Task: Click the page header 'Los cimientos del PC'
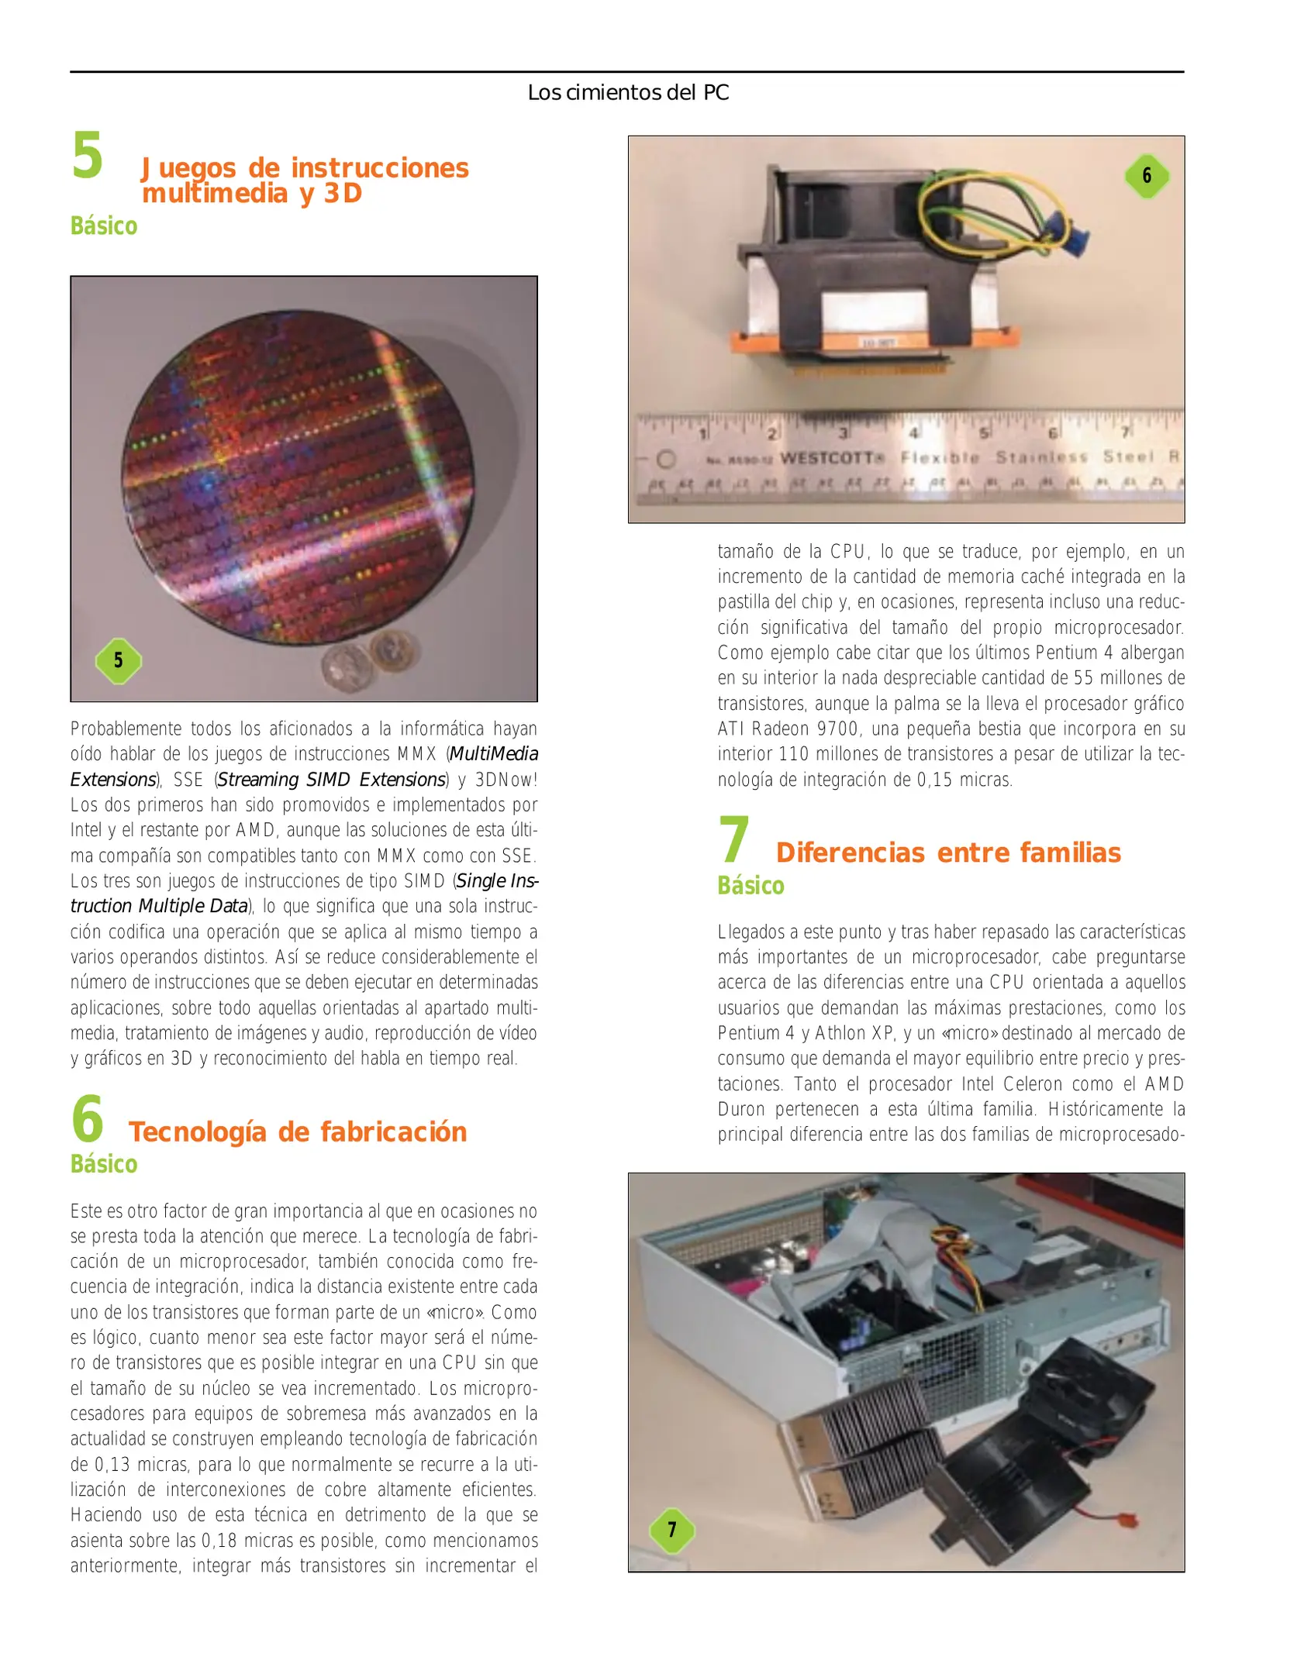click(627, 93)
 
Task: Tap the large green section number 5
click(87, 156)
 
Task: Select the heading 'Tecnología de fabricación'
click(298, 1132)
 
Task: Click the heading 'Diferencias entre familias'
click(947, 852)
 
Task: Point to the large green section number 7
click(733, 840)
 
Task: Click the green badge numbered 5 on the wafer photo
click(118, 660)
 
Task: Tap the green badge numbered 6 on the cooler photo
click(1147, 176)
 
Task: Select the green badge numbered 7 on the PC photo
click(671, 1530)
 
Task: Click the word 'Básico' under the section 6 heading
click(104, 1164)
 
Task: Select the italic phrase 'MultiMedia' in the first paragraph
click(494, 754)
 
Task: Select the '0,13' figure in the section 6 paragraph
click(112, 1465)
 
